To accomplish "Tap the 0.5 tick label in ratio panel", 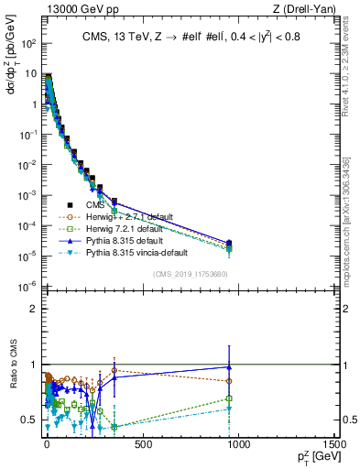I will [x=31, y=420].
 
